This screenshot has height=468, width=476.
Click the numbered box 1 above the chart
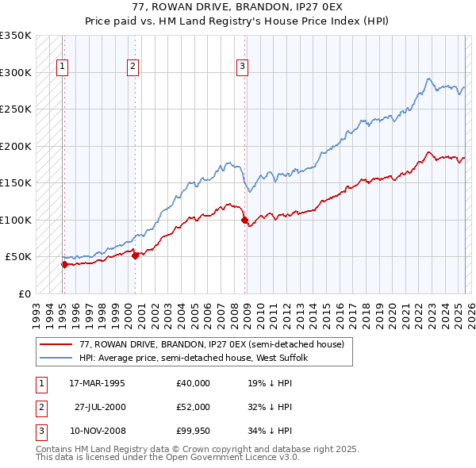click(62, 67)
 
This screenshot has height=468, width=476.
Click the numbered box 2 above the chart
click(133, 67)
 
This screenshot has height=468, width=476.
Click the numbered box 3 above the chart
click(242, 67)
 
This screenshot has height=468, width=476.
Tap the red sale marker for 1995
click(63, 264)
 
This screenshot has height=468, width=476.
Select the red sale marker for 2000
click(135, 255)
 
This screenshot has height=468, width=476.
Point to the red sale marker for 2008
click(244, 221)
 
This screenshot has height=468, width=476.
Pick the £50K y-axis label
click(18, 257)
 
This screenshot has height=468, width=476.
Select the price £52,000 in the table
click(193, 407)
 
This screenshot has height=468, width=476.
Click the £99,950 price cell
click(193, 431)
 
